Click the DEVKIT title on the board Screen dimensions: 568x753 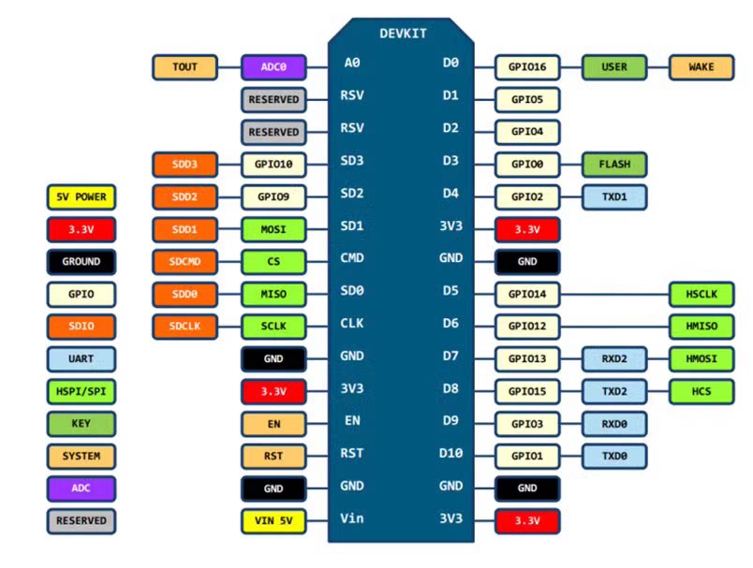point(403,34)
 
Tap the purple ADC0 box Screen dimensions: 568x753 point(273,67)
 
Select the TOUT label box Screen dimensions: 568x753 point(185,67)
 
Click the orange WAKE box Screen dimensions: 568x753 point(701,67)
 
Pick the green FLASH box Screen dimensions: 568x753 point(614,165)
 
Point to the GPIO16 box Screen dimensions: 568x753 point(527,67)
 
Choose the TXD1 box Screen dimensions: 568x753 point(613,197)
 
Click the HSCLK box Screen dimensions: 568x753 point(701,295)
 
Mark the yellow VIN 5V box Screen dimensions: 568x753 point(273,519)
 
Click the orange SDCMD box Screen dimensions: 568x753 point(185,262)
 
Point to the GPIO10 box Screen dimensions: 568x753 point(273,165)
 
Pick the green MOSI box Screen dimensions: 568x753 point(273,229)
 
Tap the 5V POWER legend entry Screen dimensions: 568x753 point(81,197)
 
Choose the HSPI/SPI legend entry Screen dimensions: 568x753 point(81,391)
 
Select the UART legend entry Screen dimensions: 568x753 point(81,358)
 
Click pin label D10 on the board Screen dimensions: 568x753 point(451,454)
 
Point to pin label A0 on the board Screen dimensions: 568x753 point(352,64)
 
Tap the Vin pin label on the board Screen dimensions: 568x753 point(352,517)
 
